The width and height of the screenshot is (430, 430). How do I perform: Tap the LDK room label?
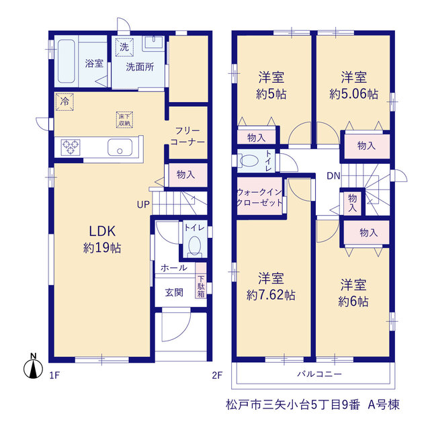[x=102, y=231]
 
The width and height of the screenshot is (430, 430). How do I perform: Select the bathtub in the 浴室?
[x=67, y=61]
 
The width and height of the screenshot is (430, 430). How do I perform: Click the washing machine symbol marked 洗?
[x=124, y=47]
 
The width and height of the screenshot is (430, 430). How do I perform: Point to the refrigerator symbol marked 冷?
[x=64, y=101]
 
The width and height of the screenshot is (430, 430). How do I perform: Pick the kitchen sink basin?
[x=120, y=147]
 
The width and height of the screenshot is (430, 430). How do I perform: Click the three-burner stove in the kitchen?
[x=71, y=147]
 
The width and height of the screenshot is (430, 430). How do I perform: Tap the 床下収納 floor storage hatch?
[x=124, y=120]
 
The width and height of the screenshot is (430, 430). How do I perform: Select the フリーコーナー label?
[x=187, y=136]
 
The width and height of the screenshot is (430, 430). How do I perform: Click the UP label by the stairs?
[x=143, y=204]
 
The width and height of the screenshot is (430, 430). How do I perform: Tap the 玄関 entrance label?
[x=174, y=292]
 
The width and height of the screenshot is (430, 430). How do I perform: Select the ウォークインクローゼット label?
[x=259, y=197]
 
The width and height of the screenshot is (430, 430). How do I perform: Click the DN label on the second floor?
[x=333, y=176]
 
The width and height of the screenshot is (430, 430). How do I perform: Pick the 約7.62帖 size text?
[x=271, y=295]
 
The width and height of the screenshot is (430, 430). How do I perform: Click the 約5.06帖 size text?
[x=354, y=94]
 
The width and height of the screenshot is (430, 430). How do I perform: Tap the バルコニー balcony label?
[x=320, y=374]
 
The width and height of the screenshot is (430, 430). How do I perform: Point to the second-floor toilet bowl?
[x=249, y=161]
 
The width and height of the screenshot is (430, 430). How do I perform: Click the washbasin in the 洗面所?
[x=153, y=43]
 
